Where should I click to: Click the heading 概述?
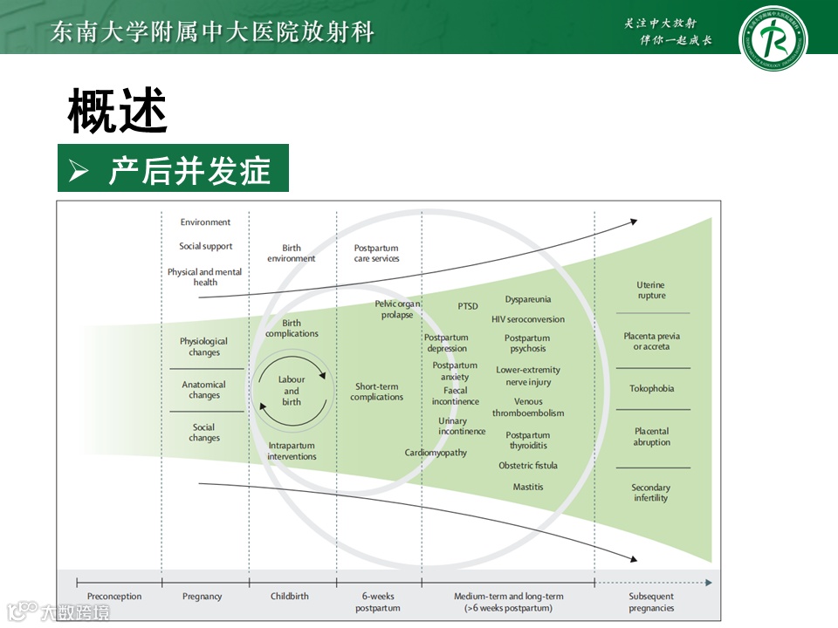pos(117,111)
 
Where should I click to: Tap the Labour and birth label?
pos(292,391)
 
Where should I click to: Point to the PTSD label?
pos(468,306)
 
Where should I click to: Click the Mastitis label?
pos(528,487)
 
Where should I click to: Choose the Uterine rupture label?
pos(651,290)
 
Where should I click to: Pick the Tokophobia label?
pos(652,388)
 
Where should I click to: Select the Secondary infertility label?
pos(651,493)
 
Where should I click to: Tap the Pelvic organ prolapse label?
pos(397,310)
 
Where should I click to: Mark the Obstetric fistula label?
pos(528,466)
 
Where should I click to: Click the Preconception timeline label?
pos(114,597)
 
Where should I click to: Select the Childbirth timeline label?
pos(290,597)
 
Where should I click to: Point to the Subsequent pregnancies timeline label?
pos(651,602)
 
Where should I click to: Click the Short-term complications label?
pos(377,392)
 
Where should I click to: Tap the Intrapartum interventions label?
pos(292,451)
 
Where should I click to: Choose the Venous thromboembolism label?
pos(528,407)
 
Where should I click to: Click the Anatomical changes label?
pos(204,390)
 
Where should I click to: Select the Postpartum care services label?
pos(377,253)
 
